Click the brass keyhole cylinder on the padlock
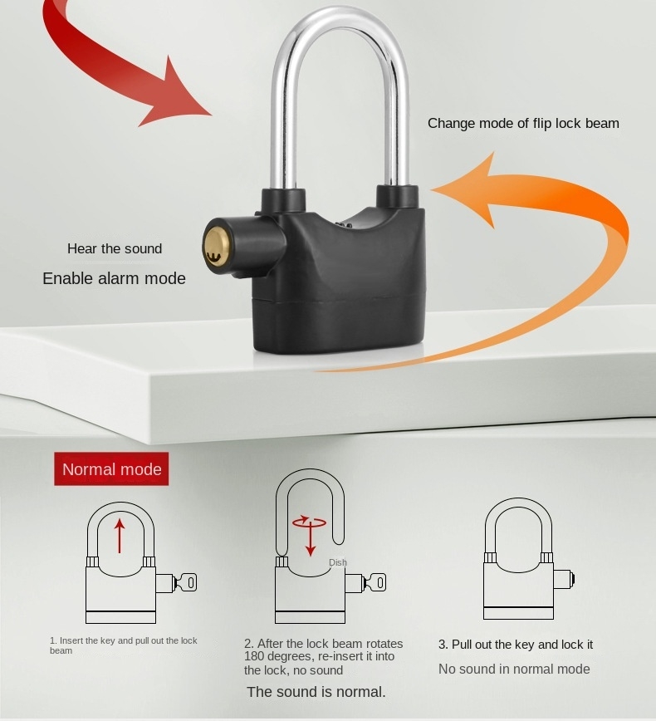click(213, 247)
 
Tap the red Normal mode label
click(112, 469)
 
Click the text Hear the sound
click(115, 248)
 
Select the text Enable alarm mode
click(114, 278)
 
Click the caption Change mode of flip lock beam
click(523, 123)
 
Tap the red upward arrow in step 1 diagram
click(120, 536)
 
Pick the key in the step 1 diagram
click(185, 583)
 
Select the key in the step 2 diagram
click(375, 583)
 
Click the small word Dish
click(338, 562)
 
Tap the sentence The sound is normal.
click(316, 692)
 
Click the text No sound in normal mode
click(514, 669)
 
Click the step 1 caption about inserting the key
click(123, 645)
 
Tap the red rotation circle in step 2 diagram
click(309, 522)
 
